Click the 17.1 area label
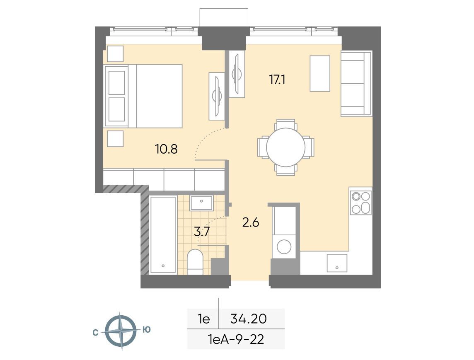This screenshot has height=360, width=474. (x=277, y=80)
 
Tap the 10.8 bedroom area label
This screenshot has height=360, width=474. (x=166, y=149)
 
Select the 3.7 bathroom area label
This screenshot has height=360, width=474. (x=202, y=232)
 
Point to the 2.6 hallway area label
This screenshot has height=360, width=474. (x=251, y=222)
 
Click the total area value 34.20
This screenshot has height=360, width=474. (x=249, y=319)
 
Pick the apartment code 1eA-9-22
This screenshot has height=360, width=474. (x=236, y=339)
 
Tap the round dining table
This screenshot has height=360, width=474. (x=285, y=147)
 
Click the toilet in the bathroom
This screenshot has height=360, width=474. (x=195, y=261)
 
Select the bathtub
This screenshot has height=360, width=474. (x=163, y=235)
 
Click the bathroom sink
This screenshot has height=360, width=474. (x=201, y=203)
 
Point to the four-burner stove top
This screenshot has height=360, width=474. (x=360, y=203)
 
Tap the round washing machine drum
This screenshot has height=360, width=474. (x=284, y=246)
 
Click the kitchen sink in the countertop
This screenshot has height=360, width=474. (x=337, y=263)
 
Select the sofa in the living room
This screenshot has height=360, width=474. (x=356, y=83)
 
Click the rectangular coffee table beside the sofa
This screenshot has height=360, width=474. (x=320, y=73)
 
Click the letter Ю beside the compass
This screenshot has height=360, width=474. (x=146, y=330)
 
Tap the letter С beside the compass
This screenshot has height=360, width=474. (x=96, y=333)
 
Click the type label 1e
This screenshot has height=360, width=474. (x=204, y=319)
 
